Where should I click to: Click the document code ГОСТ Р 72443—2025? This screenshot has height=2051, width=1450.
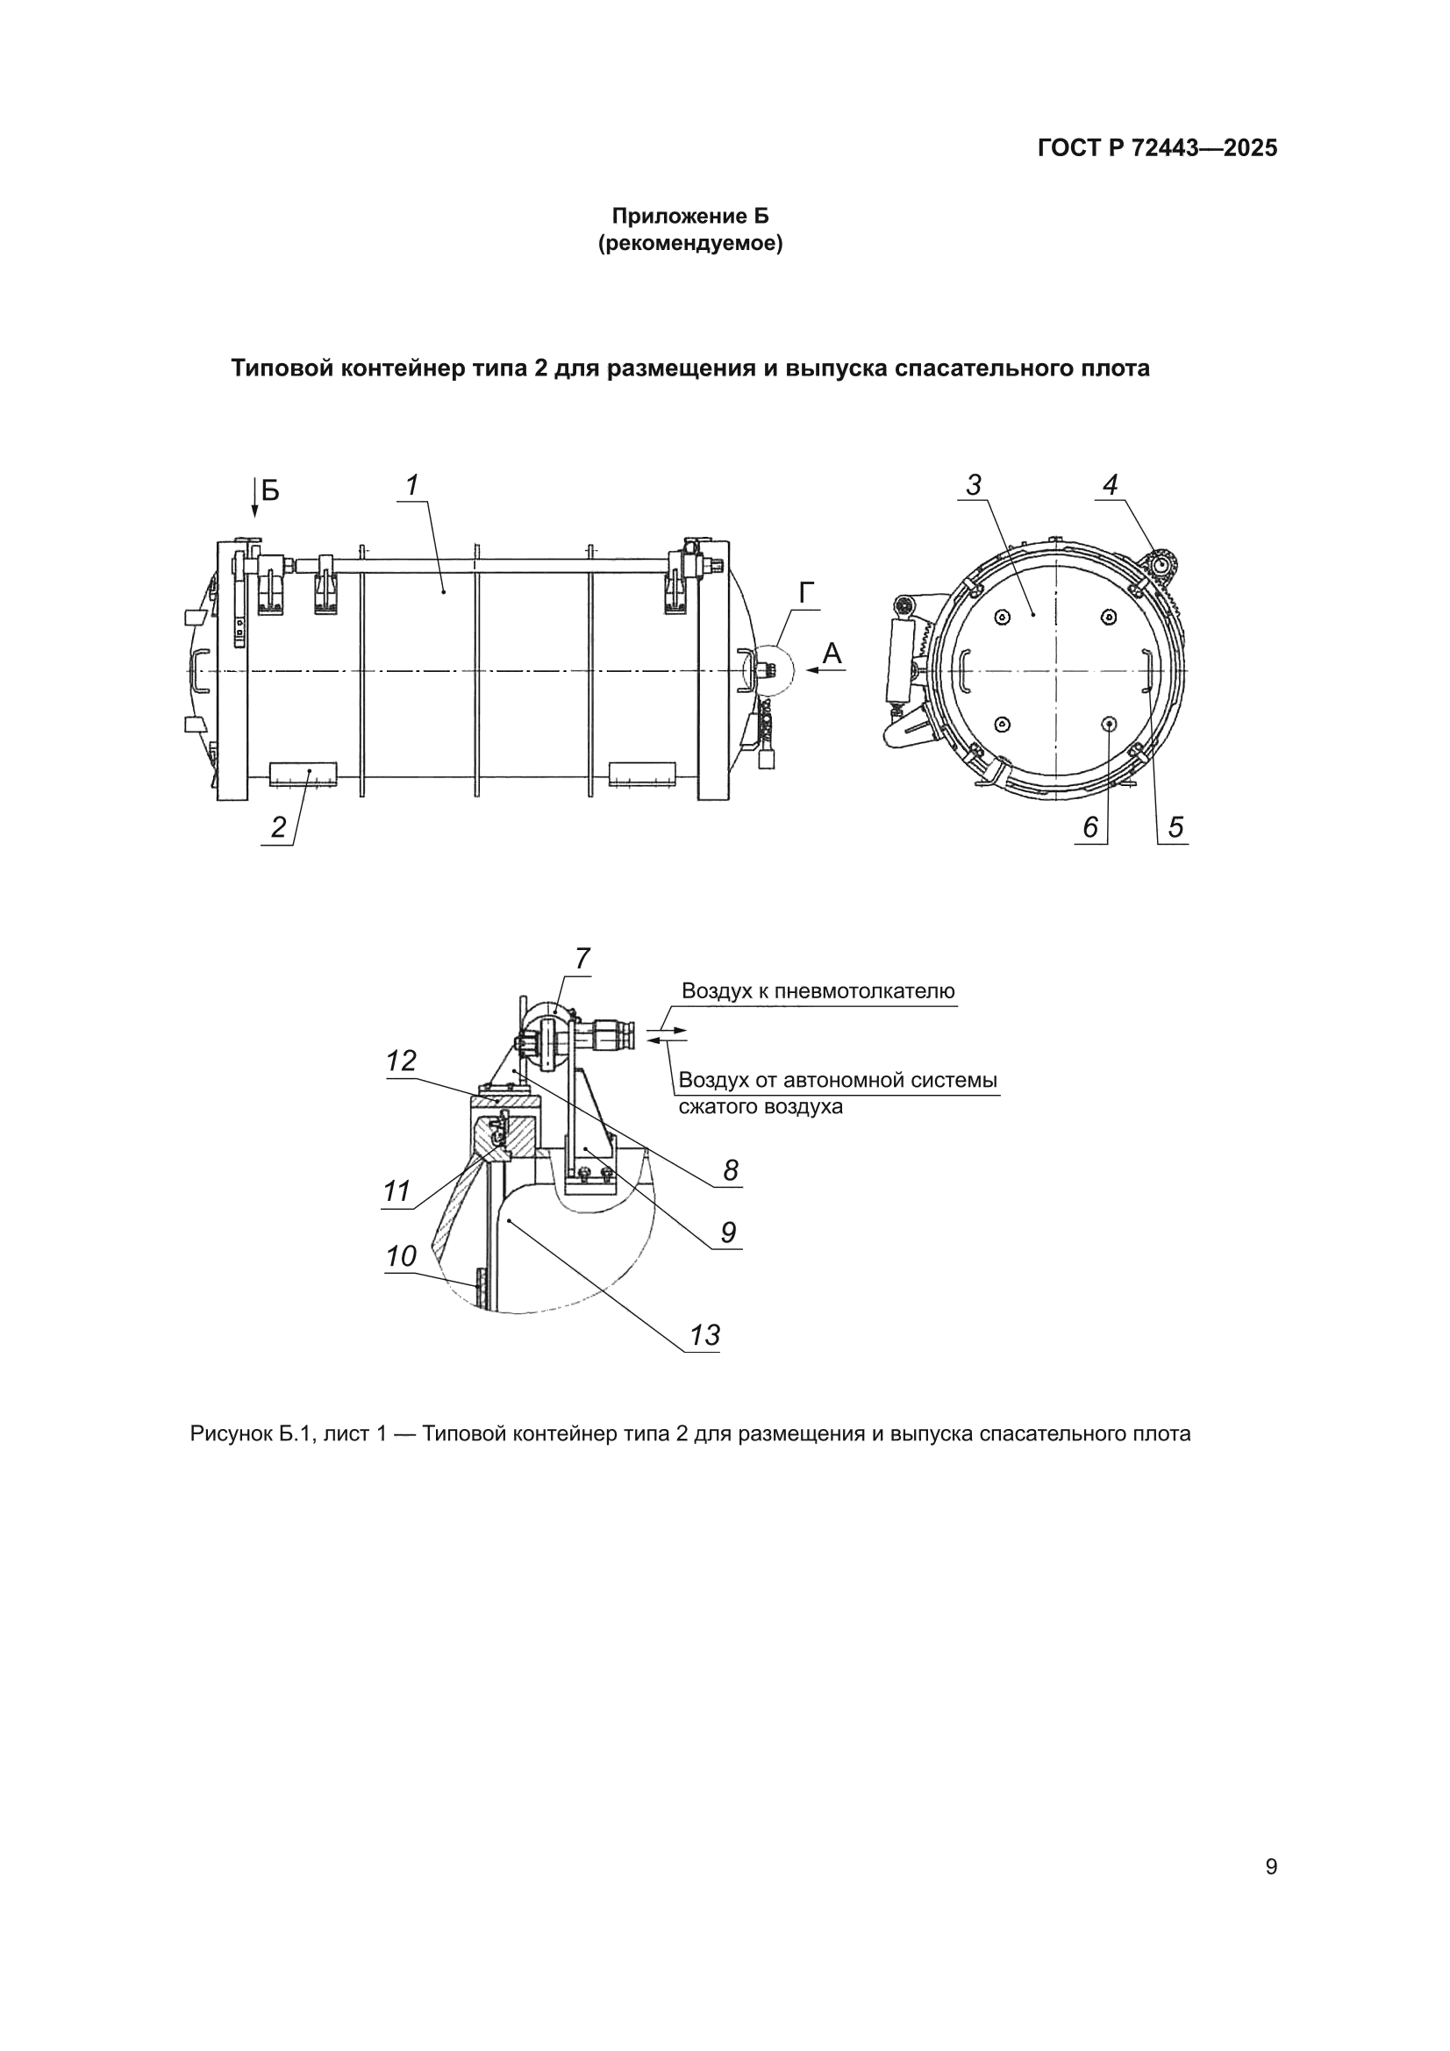tap(1157, 148)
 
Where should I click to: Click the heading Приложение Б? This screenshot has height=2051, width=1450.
tap(689, 216)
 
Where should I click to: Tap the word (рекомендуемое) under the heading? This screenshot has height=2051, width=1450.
tap(689, 244)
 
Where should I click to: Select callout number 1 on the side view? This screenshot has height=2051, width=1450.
tap(412, 485)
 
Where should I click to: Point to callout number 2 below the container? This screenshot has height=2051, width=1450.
tap(279, 827)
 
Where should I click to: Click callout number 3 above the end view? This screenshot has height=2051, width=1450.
tap(974, 485)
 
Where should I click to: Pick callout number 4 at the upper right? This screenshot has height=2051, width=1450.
tap(1110, 485)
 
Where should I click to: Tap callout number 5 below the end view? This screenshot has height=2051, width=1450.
tap(1175, 827)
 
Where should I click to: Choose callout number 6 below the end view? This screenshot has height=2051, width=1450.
tap(1090, 827)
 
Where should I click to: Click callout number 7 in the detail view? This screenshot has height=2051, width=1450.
tap(582, 960)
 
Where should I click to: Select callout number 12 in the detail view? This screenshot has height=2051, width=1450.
tap(401, 1061)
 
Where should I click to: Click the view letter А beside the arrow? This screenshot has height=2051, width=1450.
tap(832, 654)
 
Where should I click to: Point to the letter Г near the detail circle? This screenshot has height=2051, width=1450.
tap(807, 593)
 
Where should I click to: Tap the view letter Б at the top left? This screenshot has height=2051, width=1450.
tap(270, 490)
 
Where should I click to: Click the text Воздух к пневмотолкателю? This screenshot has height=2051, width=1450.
tap(818, 990)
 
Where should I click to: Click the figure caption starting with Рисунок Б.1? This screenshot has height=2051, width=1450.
tap(690, 1434)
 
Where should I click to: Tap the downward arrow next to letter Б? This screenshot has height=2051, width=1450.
tap(254, 498)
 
